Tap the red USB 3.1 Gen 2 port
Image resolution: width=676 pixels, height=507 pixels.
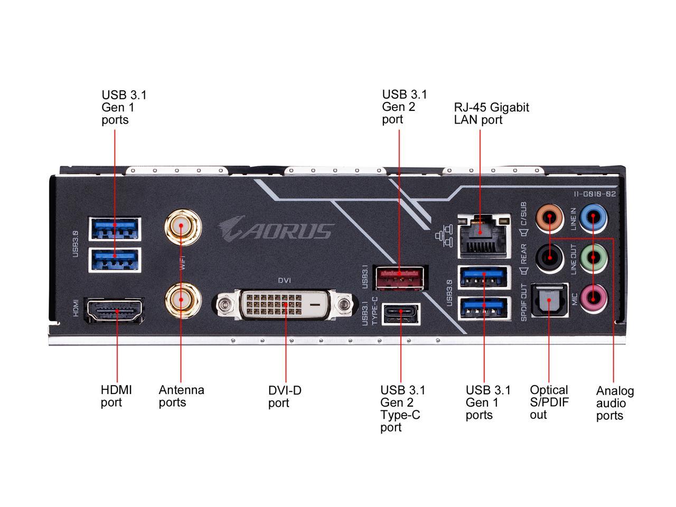[399, 277]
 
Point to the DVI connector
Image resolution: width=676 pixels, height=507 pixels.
[286, 305]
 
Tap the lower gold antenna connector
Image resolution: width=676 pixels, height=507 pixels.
[182, 300]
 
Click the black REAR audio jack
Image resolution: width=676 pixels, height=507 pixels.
[549, 258]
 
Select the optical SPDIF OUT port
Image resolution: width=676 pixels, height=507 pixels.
[549, 301]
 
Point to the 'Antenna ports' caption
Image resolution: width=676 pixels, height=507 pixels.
[181, 396]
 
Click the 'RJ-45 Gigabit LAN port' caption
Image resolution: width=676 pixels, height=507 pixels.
[491, 113]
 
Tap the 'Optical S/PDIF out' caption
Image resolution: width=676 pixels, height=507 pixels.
[549, 402]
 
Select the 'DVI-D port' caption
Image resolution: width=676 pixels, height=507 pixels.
[285, 397]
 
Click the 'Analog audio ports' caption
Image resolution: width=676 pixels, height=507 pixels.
[615, 403]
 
